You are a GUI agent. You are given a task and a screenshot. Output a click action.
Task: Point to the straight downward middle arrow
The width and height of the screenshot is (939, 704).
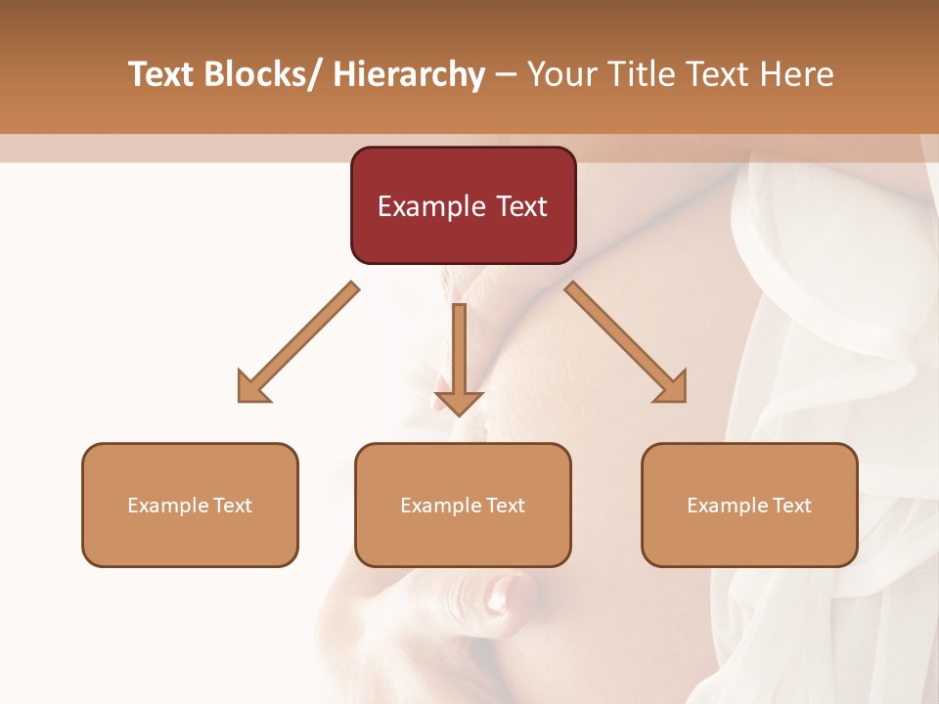pos(459,357)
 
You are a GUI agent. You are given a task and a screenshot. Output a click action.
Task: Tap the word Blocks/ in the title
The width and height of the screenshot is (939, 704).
pos(262,74)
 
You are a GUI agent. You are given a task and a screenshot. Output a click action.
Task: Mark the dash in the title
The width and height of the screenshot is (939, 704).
pos(506,74)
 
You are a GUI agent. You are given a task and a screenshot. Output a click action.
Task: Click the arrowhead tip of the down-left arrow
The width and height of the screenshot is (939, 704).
pos(241,400)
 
